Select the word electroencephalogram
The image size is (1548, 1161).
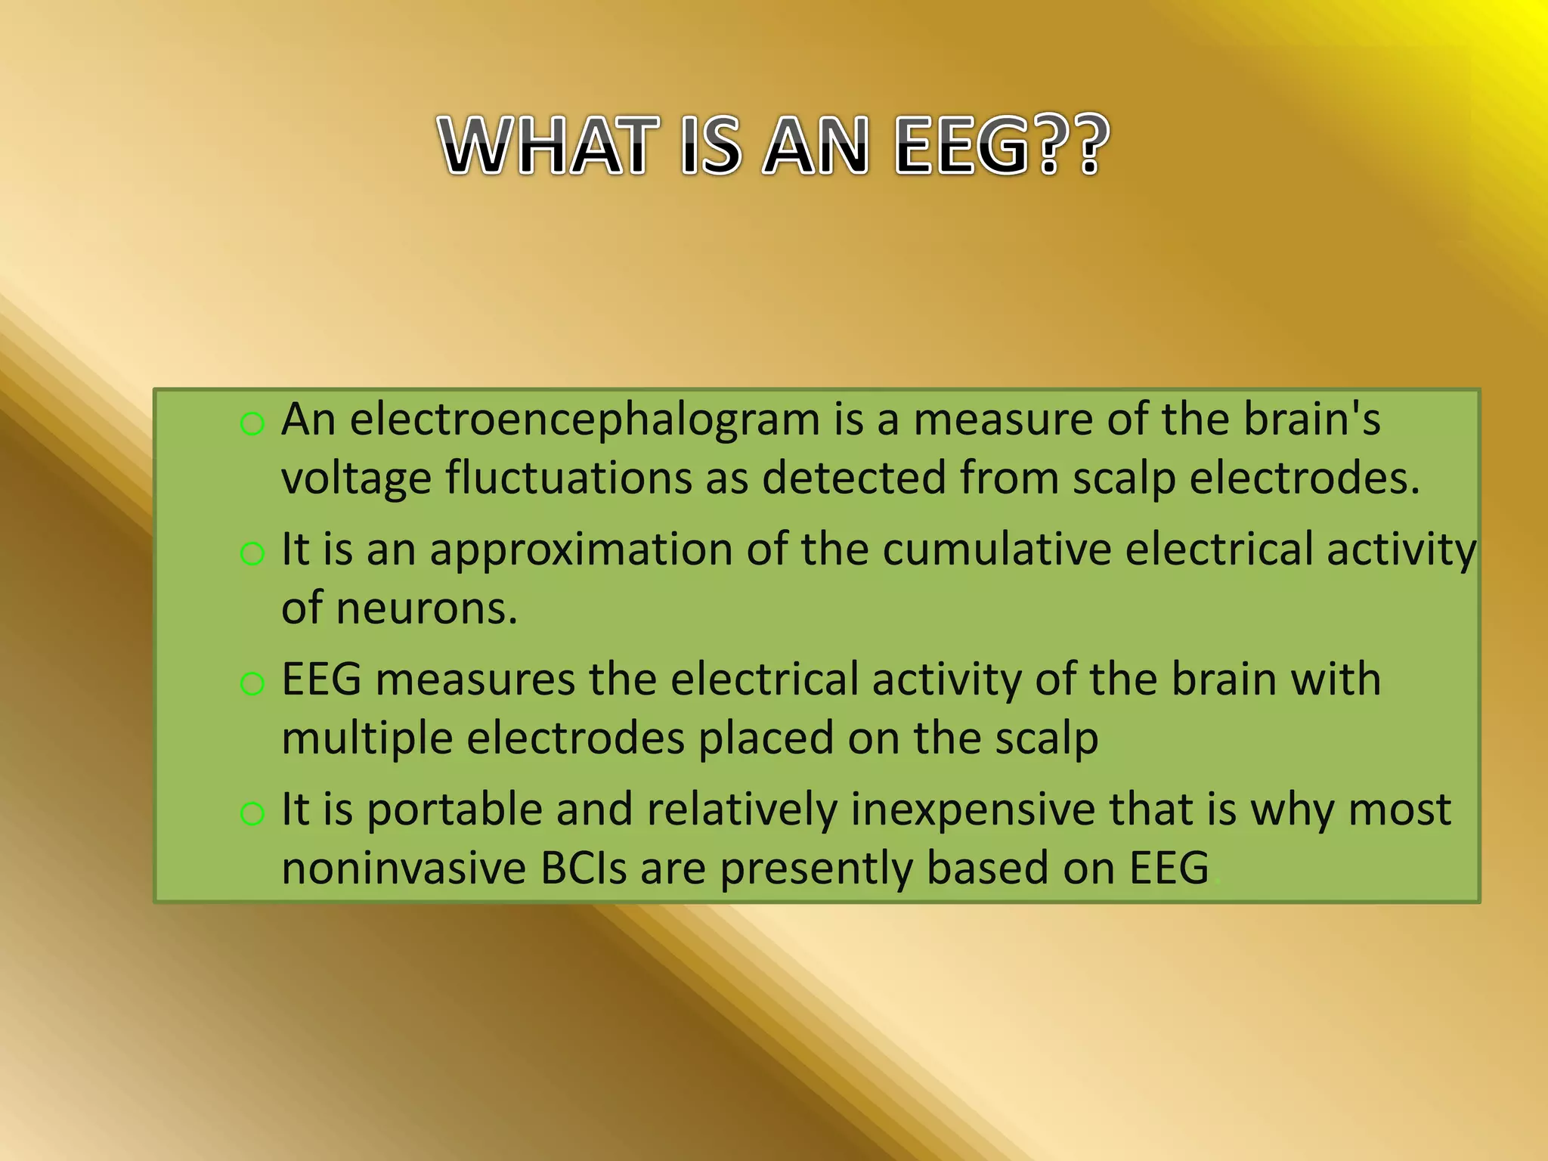584,420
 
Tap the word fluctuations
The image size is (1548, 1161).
568,479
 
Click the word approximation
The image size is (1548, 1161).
581,550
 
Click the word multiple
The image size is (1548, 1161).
367,739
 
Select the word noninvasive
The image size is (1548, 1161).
404,868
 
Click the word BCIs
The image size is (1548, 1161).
584,868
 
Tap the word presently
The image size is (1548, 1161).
816,868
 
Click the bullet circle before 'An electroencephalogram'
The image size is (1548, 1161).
252,424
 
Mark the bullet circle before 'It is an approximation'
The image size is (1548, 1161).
252,554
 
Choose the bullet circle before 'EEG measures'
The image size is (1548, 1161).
252,684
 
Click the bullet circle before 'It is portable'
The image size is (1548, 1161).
252,814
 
